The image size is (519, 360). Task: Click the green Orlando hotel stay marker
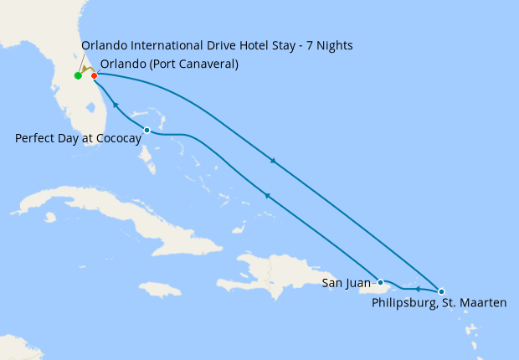(x=78, y=76)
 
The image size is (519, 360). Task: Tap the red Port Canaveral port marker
(x=94, y=76)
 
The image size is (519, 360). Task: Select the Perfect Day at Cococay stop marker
(x=147, y=130)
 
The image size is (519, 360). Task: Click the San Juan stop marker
(x=380, y=282)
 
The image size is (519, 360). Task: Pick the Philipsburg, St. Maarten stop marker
(x=441, y=291)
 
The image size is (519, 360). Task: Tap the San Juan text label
(x=346, y=284)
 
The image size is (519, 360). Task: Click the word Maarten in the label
(x=485, y=302)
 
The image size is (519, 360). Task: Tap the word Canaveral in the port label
(x=205, y=64)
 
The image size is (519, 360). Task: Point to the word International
(x=164, y=45)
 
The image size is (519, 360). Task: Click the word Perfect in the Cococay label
(x=34, y=138)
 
